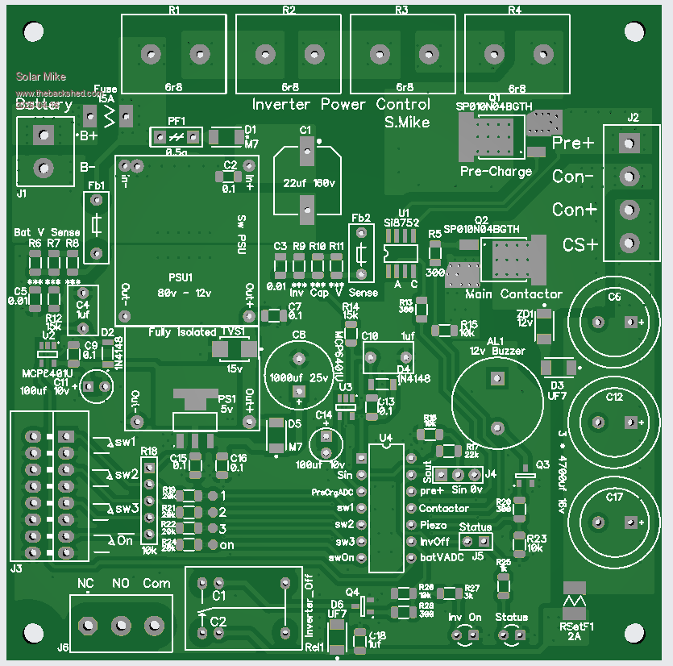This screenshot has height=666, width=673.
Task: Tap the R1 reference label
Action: click(174, 10)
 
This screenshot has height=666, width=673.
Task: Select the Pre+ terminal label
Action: click(573, 144)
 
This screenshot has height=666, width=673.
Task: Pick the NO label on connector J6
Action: click(121, 583)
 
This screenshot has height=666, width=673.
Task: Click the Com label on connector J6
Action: click(157, 583)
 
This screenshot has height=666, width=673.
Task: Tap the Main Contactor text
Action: click(513, 294)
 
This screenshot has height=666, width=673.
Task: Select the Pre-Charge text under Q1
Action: click(496, 172)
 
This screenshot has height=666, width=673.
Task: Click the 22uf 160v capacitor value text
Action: click(304, 182)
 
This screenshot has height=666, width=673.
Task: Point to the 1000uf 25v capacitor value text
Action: click(298, 379)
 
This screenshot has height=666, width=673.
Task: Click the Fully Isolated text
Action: click(181, 332)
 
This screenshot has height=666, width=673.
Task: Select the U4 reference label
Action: click(385, 439)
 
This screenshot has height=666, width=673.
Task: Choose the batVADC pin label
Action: click(442, 557)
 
